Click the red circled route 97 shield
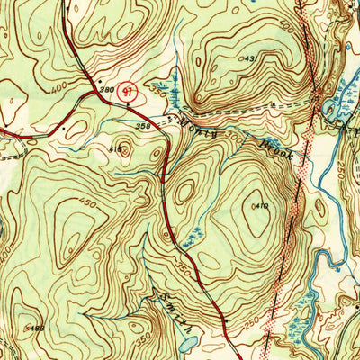click(x=129, y=90)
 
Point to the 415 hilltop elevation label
click(x=115, y=148)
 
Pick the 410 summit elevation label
click(x=262, y=207)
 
